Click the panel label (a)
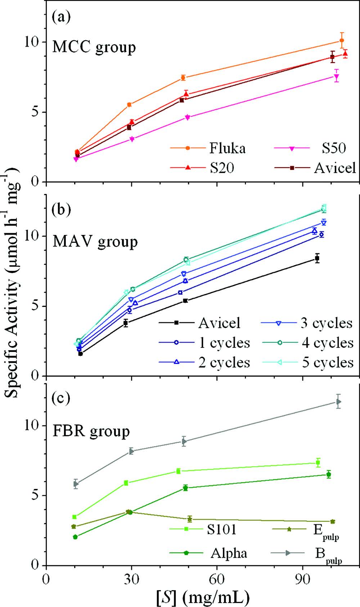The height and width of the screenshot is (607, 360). point(62,17)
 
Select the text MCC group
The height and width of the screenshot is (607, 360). point(94,47)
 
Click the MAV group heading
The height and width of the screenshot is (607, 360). point(95,241)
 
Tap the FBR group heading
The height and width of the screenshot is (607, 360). point(91,431)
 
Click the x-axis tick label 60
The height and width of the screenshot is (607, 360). point(217,580)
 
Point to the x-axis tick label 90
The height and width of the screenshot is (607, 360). point(303,580)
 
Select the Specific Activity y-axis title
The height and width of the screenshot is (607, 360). point(13,284)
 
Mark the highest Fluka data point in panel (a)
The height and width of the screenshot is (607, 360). point(342,40)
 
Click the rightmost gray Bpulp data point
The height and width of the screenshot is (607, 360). point(338,402)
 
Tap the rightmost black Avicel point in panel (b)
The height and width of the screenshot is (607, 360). point(317,258)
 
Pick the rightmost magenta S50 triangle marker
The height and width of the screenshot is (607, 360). point(337,76)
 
